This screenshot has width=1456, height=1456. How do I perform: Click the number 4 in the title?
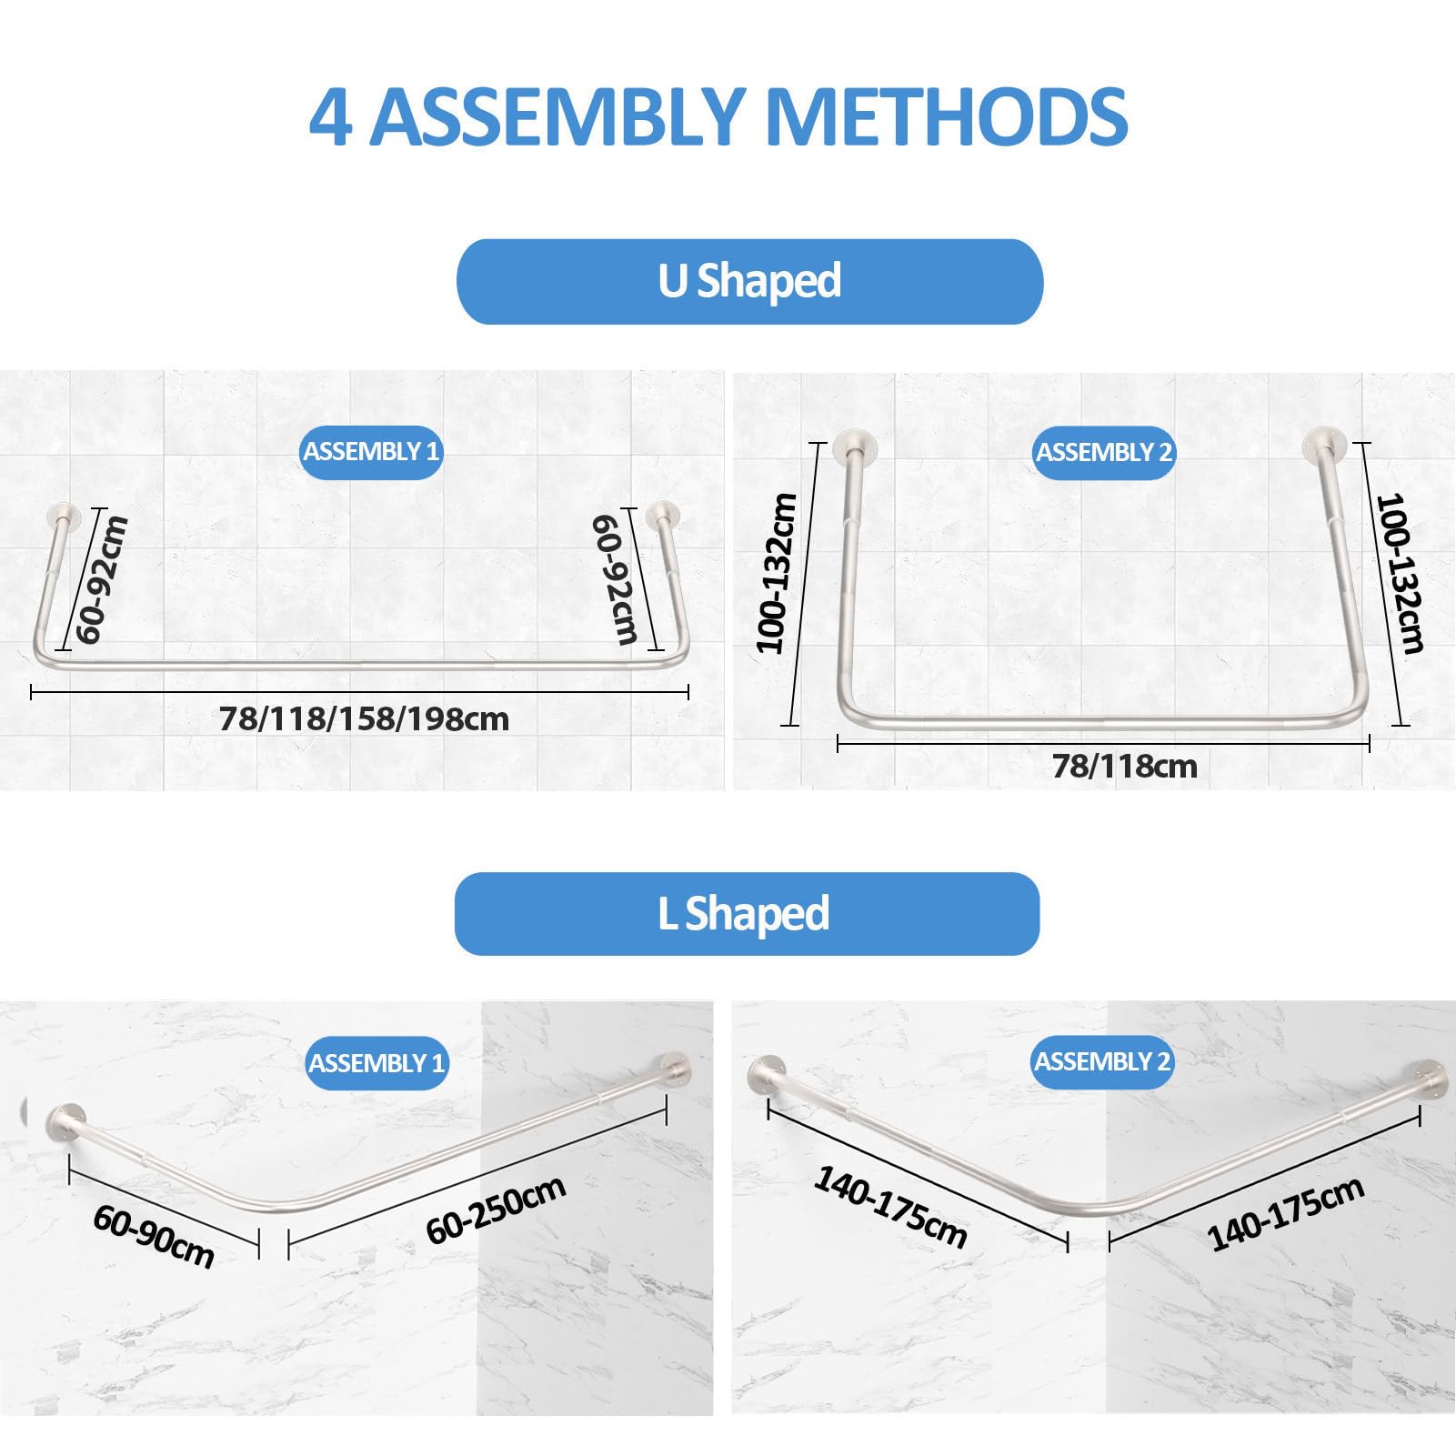click(330, 117)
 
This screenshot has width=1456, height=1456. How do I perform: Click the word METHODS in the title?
click(947, 117)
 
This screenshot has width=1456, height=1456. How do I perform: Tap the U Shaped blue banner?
click(749, 281)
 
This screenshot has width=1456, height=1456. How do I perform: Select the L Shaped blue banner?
click(747, 913)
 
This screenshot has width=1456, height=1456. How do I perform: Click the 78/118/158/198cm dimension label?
click(364, 719)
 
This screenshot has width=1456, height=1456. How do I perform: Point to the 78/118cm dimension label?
click(1125, 767)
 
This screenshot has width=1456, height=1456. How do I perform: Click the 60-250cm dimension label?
click(497, 1209)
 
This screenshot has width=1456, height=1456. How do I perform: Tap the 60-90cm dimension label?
click(154, 1237)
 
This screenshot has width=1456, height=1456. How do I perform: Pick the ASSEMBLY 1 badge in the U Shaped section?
click(371, 452)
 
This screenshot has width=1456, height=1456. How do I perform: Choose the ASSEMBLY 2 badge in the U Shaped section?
click(1104, 453)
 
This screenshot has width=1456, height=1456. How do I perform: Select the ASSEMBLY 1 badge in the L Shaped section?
click(377, 1063)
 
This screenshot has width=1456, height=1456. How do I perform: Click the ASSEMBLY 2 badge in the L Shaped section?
click(1102, 1061)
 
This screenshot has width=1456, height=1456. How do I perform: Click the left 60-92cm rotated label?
click(101, 579)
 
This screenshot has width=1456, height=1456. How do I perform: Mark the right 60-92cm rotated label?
click(616, 579)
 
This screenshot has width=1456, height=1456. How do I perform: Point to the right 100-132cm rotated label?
click(1400, 574)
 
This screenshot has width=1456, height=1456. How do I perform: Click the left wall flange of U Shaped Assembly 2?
click(855, 445)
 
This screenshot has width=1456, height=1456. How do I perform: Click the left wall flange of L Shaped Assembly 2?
click(767, 1076)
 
